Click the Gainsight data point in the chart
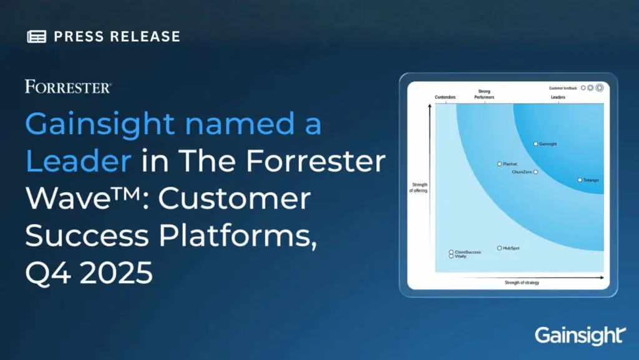535,144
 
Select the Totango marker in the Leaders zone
579,180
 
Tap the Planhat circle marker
499,164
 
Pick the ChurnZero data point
535,172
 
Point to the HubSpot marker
499,248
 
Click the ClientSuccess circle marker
451,252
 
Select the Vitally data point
451,256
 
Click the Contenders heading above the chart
445,98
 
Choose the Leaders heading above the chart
558,98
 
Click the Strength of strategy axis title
522,283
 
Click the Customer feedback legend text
562,88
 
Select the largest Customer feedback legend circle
600,88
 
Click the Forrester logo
69,87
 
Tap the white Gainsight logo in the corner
578,335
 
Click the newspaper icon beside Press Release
37,36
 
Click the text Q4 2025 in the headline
89,273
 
